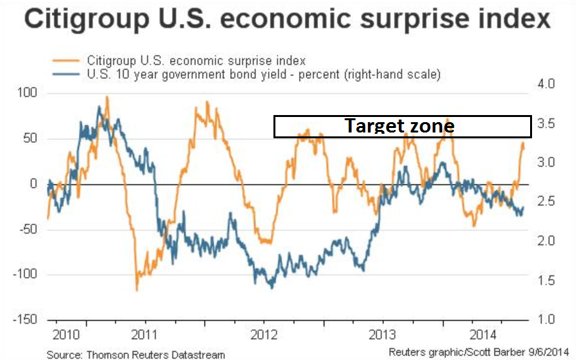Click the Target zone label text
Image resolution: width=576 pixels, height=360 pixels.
[399, 125]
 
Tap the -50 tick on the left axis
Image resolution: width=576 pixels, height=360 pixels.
[30, 229]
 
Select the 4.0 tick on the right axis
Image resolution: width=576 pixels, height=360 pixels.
[546, 84]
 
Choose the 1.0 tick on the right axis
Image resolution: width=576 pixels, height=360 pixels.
[546, 320]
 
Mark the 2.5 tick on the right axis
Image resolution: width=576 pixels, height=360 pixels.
[546, 202]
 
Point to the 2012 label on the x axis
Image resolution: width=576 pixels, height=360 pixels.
[263, 337]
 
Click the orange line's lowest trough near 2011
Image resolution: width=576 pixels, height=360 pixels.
[136, 290]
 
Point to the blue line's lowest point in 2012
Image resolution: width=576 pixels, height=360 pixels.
[271, 287]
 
